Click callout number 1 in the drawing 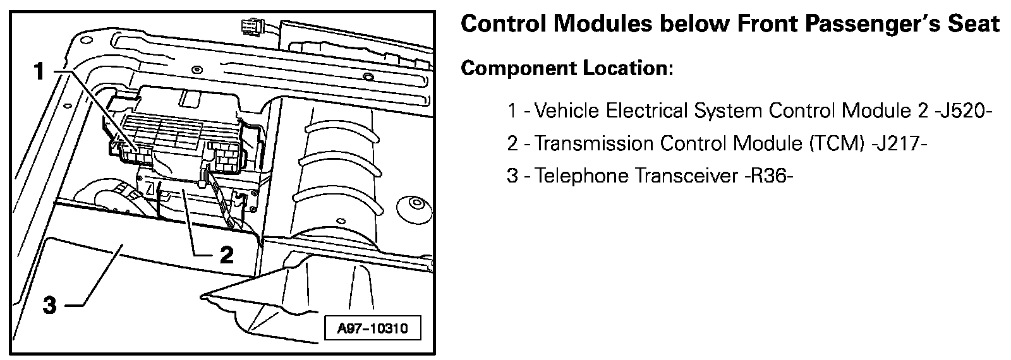pyautogui.click(x=39, y=71)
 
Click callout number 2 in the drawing pyautogui.click(x=226, y=255)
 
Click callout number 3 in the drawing pyautogui.click(x=50, y=306)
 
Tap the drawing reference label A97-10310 pyautogui.click(x=372, y=328)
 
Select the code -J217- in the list pyautogui.click(x=899, y=143)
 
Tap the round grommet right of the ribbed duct pyautogui.click(x=415, y=205)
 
